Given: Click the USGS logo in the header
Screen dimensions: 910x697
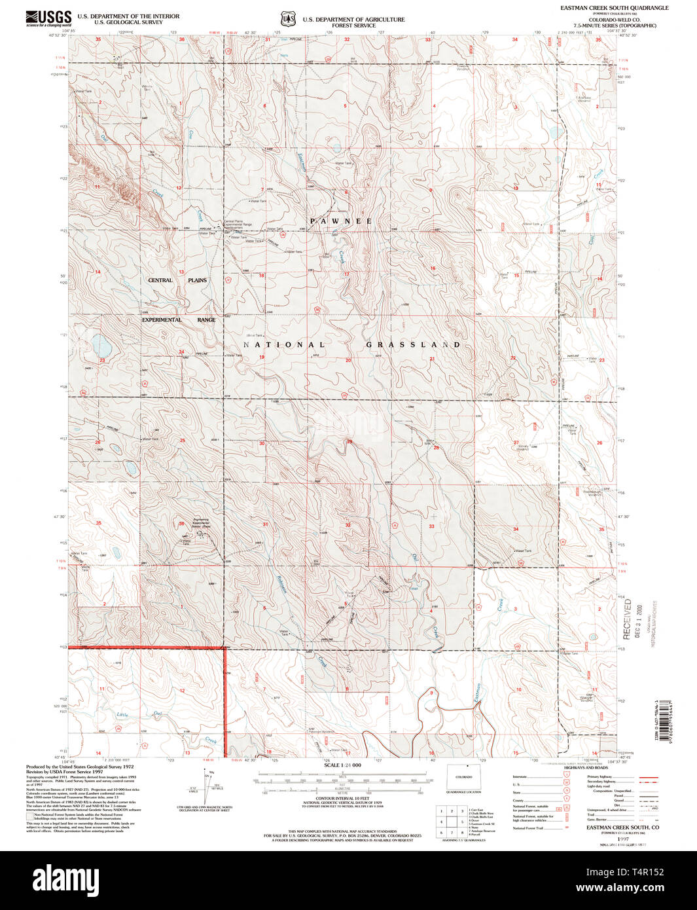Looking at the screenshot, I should [x=48, y=18].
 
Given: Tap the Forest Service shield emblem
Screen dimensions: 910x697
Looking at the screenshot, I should [x=287, y=20].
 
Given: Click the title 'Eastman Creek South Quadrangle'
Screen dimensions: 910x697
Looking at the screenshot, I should [x=614, y=8].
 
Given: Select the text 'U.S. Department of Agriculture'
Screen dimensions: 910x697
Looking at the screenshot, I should [x=353, y=20].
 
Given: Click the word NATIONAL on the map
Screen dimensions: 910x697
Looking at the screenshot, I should [x=284, y=344].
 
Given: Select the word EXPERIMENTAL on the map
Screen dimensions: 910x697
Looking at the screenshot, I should [x=162, y=319].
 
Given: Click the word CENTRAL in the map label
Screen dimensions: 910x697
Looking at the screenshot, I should [x=160, y=280].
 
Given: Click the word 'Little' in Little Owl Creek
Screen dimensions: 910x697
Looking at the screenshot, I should [x=122, y=714].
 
